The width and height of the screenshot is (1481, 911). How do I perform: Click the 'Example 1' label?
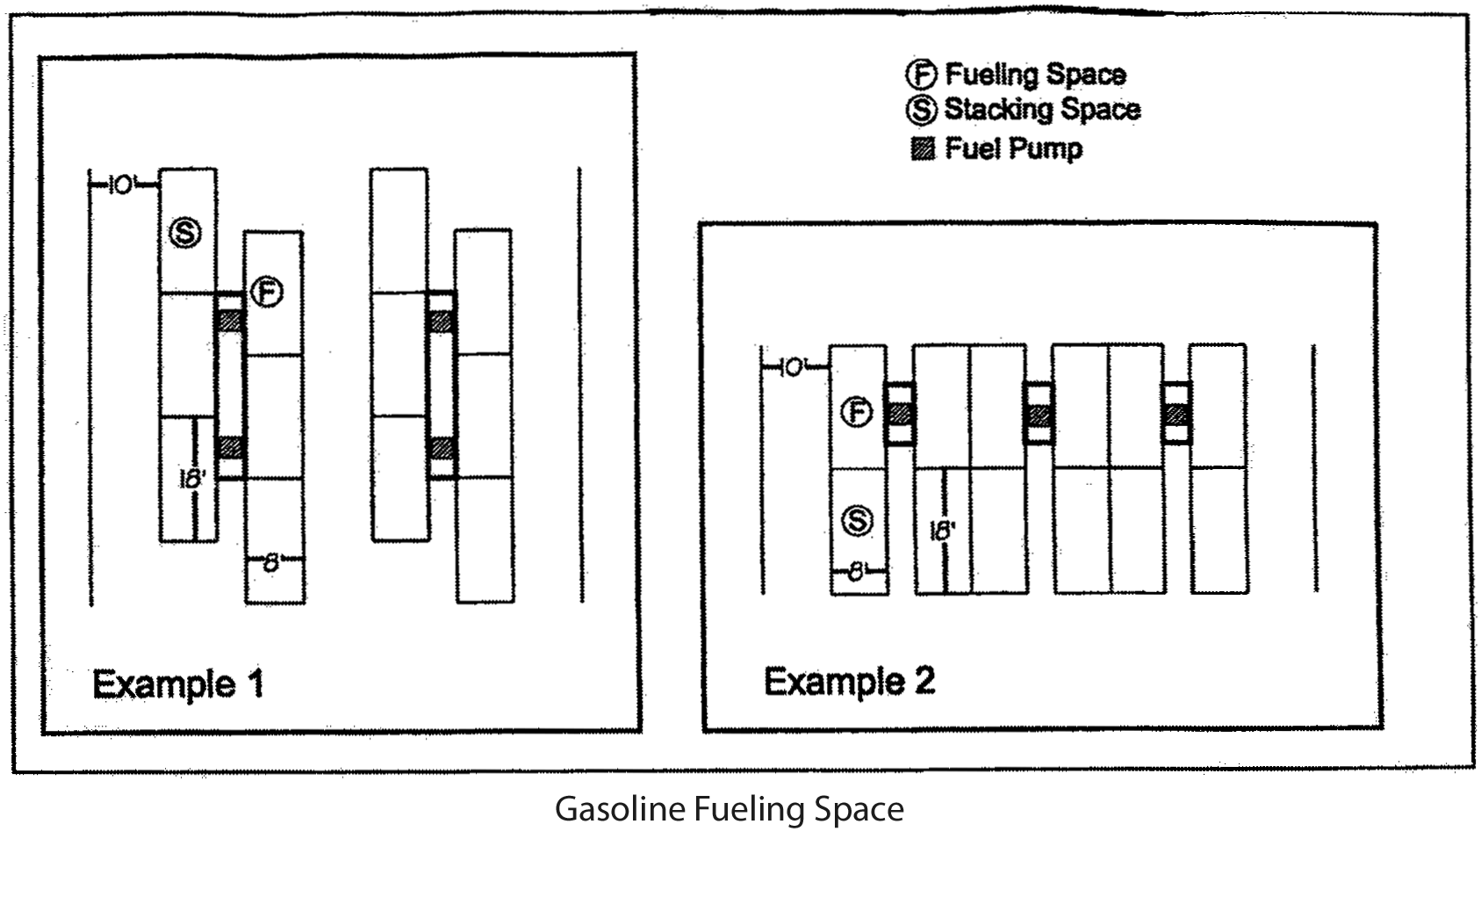click(x=177, y=683)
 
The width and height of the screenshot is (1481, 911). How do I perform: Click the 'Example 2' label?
click(x=849, y=681)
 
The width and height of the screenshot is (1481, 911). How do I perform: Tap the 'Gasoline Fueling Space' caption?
click(x=729, y=808)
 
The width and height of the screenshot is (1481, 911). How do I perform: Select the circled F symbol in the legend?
click(x=921, y=75)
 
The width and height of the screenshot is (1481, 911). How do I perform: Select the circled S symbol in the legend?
click(x=921, y=111)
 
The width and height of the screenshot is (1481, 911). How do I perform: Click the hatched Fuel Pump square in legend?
click(x=922, y=149)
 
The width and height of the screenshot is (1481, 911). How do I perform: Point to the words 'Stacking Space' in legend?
click(x=1042, y=110)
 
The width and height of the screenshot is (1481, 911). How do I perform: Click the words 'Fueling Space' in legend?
click(x=1036, y=75)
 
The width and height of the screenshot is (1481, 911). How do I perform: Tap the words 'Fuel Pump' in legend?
click(x=1013, y=148)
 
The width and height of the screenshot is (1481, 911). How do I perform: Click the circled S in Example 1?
click(x=185, y=233)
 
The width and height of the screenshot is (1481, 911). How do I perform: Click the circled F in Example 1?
click(x=267, y=293)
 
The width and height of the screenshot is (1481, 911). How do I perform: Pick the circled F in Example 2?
click(x=857, y=412)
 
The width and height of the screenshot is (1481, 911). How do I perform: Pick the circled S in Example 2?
click(x=857, y=521)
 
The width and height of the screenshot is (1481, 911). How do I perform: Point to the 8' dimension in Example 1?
click(x=272, y=563)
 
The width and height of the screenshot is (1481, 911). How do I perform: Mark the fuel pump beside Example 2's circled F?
click(x=900, y=413)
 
